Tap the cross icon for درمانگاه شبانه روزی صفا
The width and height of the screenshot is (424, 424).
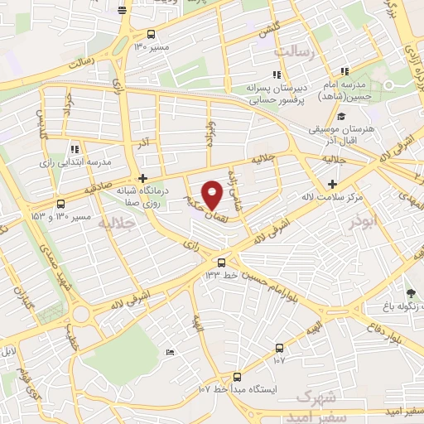143,178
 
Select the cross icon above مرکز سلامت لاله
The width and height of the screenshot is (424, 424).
332,184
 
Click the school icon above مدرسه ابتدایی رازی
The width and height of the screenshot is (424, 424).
75,150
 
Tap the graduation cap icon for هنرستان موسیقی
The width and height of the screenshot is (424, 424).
340,117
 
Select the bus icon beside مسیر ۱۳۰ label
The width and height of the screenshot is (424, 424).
151,34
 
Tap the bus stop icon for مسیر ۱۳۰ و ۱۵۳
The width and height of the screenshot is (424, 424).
60,204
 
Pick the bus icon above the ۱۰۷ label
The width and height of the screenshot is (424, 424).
278,348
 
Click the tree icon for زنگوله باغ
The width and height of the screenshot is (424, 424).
412,292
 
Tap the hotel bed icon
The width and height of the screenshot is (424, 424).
170,353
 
